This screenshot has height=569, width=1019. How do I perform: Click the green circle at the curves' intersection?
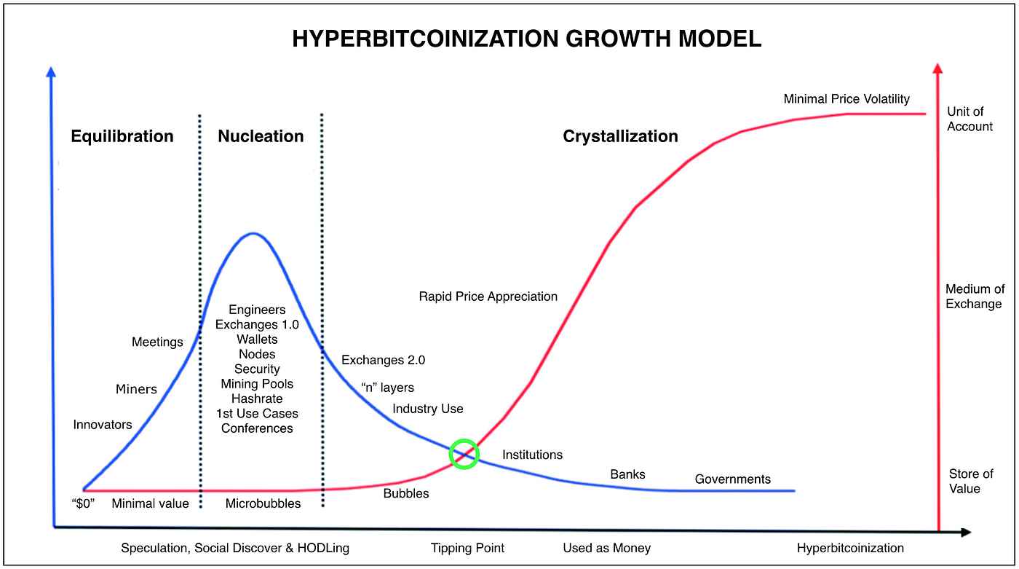point(464,454)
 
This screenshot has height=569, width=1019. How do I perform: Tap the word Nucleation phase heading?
point(261,136)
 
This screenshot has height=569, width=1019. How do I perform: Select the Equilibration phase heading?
point(122,136)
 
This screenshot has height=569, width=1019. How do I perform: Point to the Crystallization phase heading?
point(620,136)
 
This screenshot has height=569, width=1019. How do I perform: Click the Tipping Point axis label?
point(467,548)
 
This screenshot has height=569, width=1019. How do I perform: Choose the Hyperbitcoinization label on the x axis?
point(850,548)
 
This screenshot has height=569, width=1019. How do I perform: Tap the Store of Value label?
point(972,482)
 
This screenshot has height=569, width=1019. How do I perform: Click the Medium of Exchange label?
point(974,297)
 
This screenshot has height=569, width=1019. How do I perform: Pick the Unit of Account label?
point(970,119)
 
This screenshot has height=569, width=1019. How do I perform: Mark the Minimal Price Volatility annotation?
point(846,99)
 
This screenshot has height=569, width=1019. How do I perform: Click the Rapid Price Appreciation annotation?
point(488,297)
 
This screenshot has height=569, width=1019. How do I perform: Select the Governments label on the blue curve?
point(732,479)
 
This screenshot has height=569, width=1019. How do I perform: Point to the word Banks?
point(627,474)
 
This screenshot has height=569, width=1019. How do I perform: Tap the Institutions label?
point(532,455)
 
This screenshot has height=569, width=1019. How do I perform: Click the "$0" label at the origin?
point(86,503)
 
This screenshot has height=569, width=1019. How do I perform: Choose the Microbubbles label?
point(263,503)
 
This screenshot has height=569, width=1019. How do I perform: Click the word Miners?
point(136,389)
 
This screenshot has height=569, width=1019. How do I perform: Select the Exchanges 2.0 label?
point(383,360)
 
